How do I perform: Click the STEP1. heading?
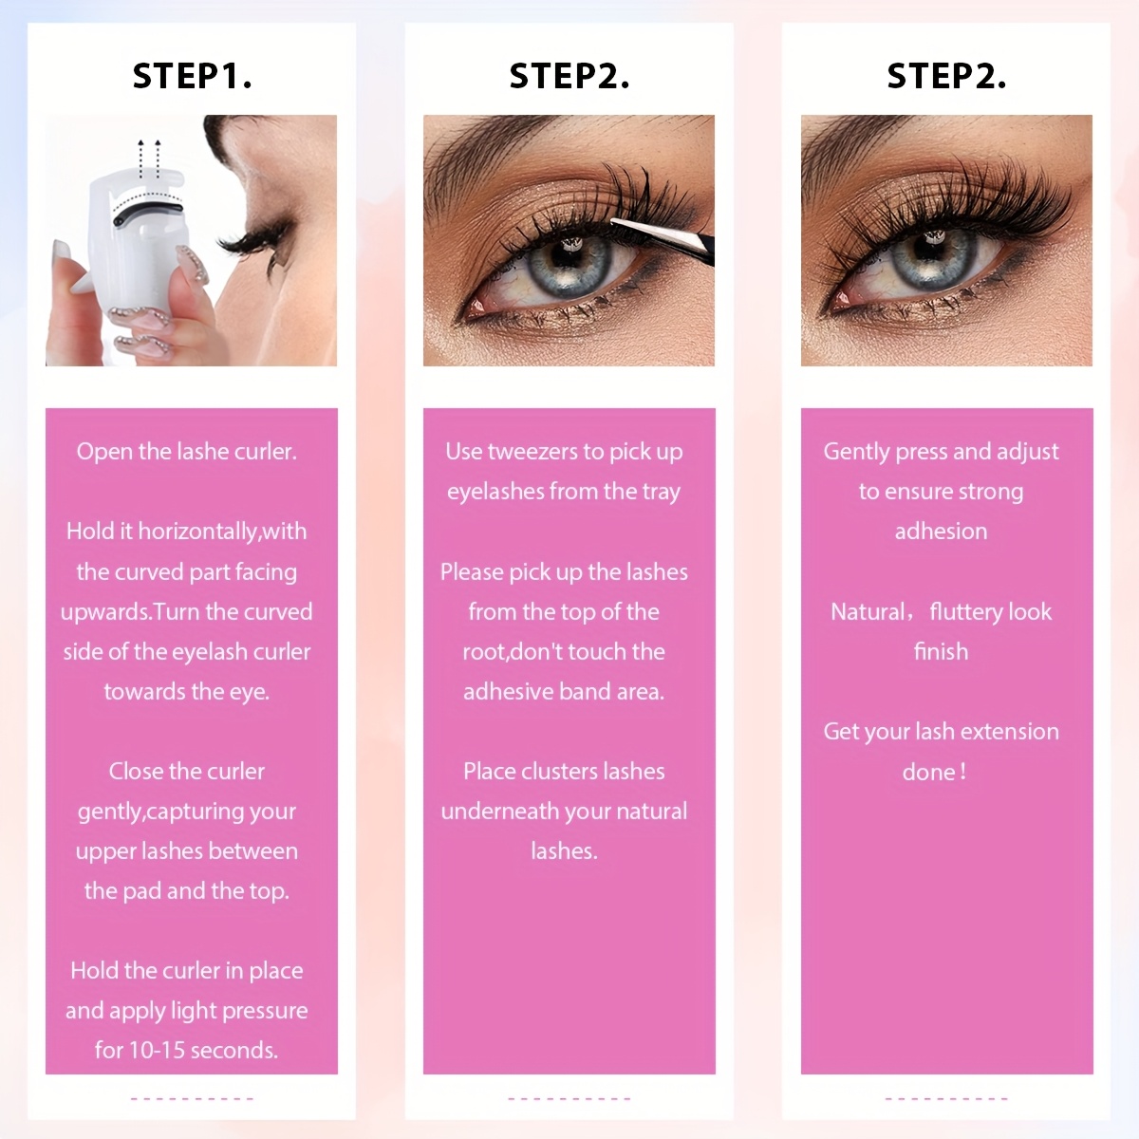[x=192, y=76]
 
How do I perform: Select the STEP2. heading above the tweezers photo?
[x=569, y=76]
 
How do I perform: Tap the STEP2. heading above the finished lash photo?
[x=946, y=76]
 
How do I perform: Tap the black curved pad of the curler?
[x=152, y=208]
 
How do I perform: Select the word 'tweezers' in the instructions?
[x=532, y=452]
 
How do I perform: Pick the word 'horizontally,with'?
[x=222, y=532]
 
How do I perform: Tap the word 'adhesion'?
[x=941, y=532]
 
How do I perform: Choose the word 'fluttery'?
[x=965, y=612]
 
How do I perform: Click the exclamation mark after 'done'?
[x=963, y=772]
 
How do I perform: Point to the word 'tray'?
[x=661, y=492]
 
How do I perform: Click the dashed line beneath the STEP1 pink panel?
[x=192, y=1099]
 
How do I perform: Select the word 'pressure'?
[x=264, y=1011]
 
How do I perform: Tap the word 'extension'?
[x=1009, y=732]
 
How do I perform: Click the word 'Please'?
[x=472, y=572]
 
